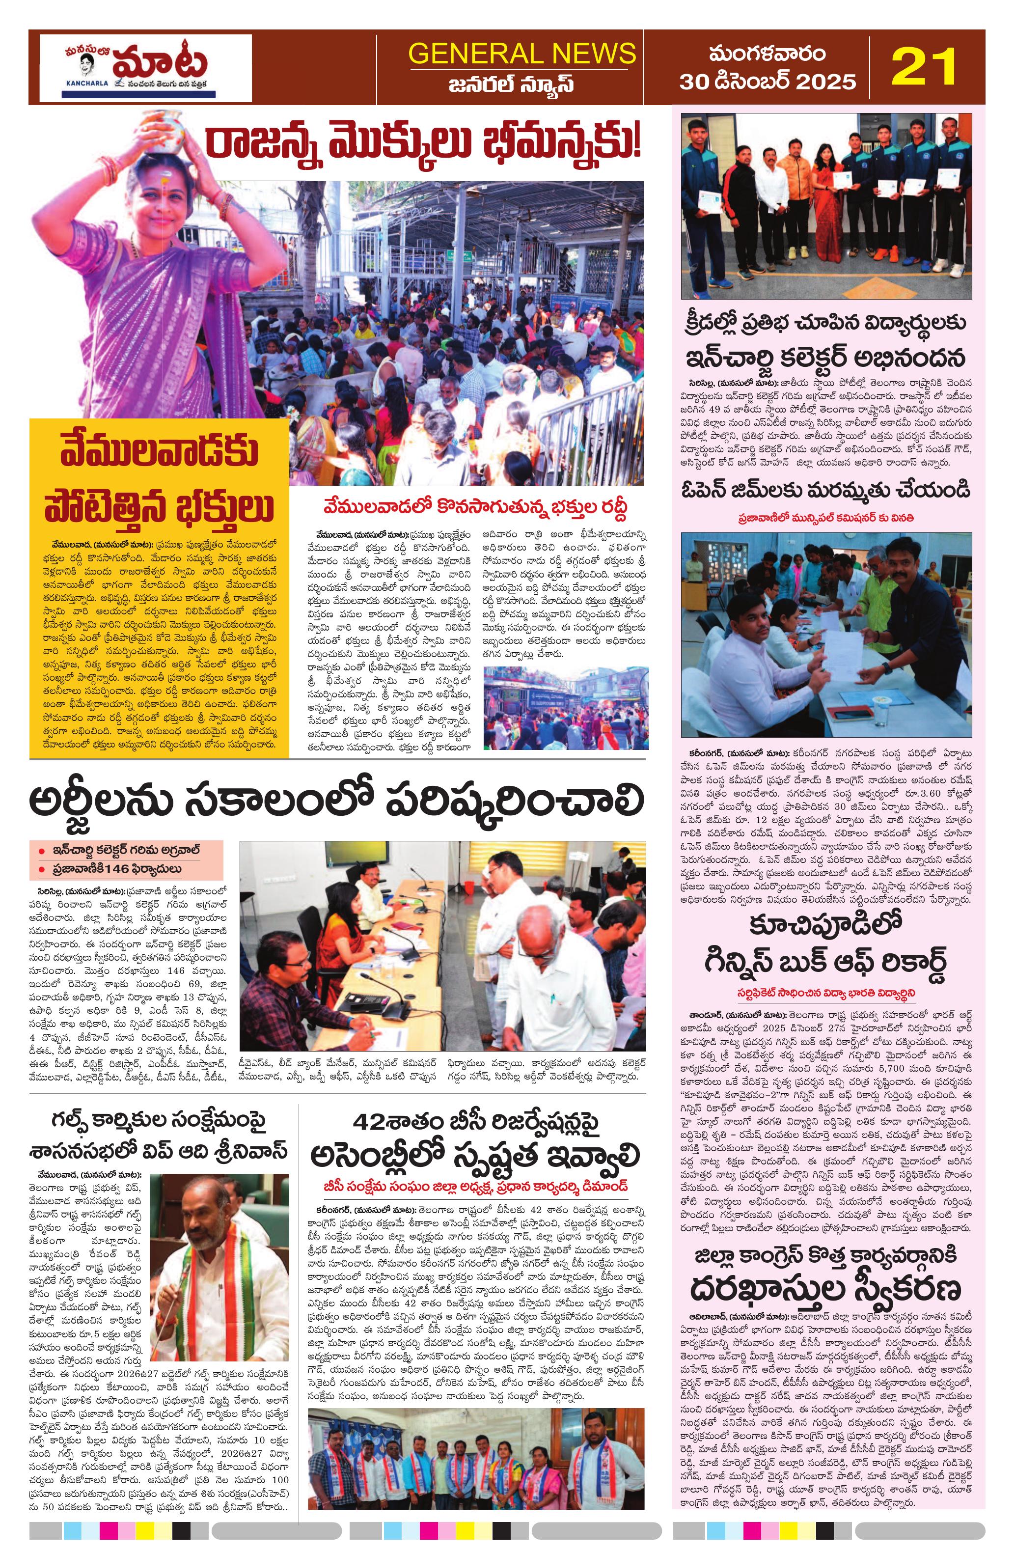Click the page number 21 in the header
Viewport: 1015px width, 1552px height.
[x=924, y=66]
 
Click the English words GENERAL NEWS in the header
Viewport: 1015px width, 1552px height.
[x=522, y=53]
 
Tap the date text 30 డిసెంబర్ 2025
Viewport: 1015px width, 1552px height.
[x=768, y=82]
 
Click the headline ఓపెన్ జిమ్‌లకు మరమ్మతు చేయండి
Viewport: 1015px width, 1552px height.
[x=826, y=490]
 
